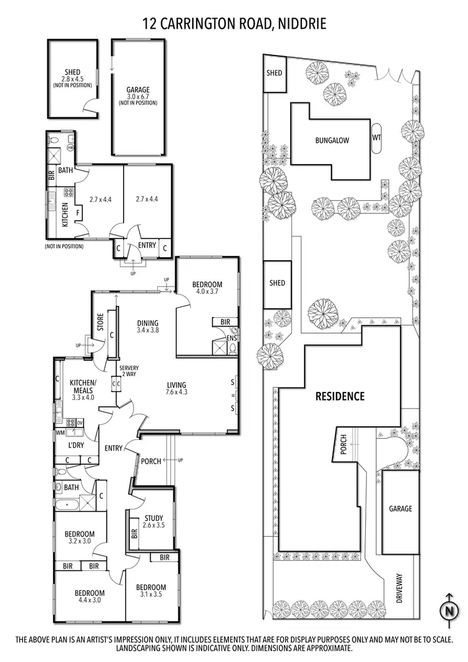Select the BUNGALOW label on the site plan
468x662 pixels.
coord(332,140)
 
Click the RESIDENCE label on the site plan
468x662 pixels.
coord(339,396)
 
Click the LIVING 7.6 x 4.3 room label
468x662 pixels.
coord(177,389)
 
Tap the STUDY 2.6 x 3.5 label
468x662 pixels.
coord(153,521)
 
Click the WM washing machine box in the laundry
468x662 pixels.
coord(61,432)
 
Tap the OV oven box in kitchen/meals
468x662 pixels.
coord(80,422)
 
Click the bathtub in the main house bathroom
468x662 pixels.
coord(66,504)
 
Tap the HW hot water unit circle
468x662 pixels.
coord(70,147)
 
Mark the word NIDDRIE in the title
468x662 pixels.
coord(298,24)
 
